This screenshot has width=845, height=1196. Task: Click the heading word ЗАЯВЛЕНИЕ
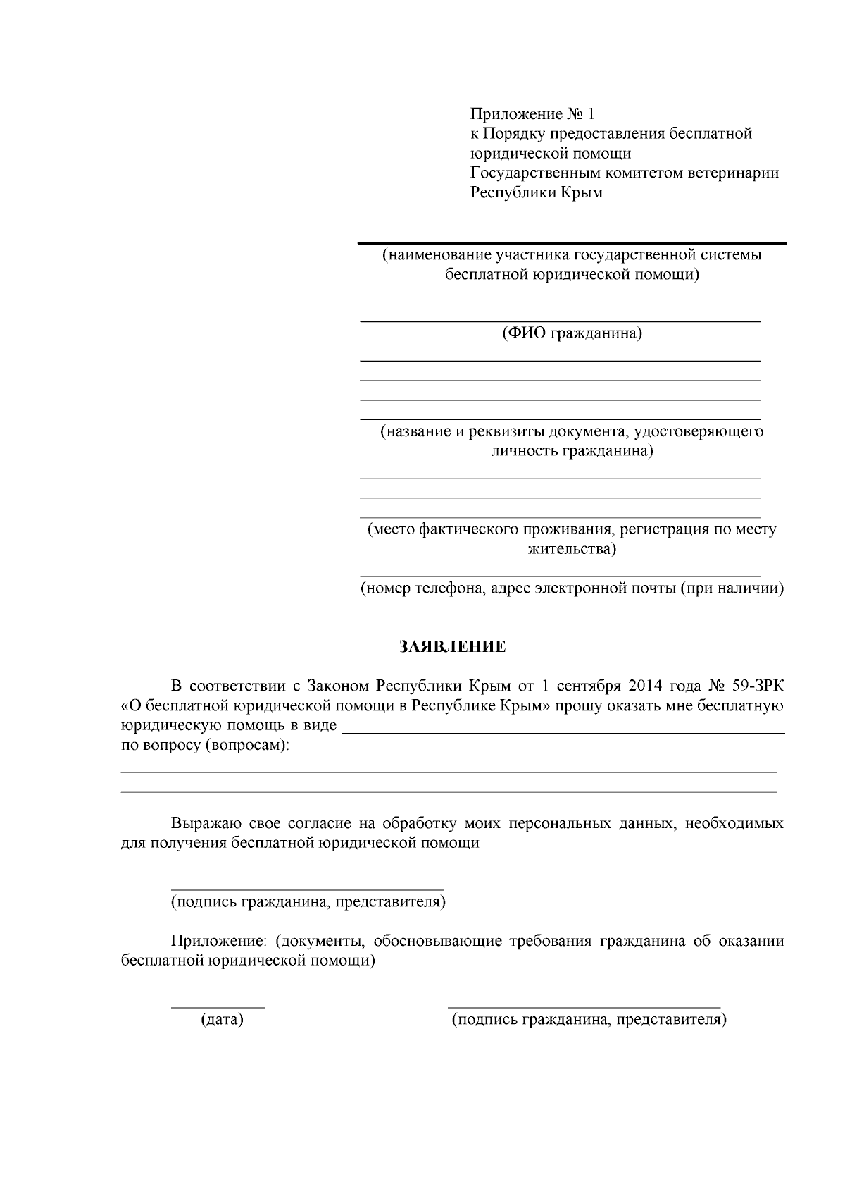[x=453, y=647]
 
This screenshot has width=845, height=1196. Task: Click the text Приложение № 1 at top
[x=532, y=114]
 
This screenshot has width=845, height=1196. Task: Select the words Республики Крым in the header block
[x=537, y=193]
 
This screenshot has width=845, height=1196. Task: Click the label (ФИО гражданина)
[x=572, y=333]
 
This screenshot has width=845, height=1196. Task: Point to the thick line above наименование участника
[x=572, y=243]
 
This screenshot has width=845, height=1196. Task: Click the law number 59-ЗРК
[x=758, y=686]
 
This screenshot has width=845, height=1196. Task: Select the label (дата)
[x=222, y=1020]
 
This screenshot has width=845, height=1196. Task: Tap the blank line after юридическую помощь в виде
[x=563, y=733]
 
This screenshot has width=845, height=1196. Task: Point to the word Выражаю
[x=201, y=824]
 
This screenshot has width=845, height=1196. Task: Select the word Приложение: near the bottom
[x=219, y=942]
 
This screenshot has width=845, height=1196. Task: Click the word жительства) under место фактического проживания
[x=572, y=549]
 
